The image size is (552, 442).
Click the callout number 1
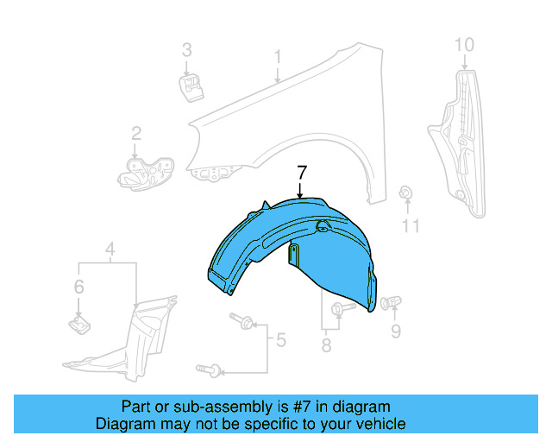(278, 57)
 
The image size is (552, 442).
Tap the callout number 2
(135, 133)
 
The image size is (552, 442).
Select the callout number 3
(186, 49)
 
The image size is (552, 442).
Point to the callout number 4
(110, 252)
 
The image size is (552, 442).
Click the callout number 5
(280, 340)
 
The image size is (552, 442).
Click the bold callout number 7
(301, 171)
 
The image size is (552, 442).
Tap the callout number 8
(326, 345)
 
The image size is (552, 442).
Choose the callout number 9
(396, 330)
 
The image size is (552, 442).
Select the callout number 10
(463, 43)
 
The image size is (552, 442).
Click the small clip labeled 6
(78, 325)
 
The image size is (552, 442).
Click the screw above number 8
(343, 308)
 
